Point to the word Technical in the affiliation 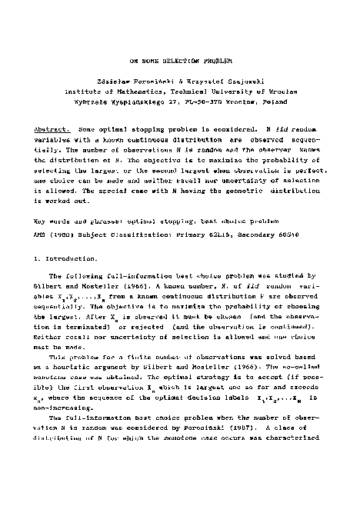click(x=206, y=89)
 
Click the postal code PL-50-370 click(x=218, y=99)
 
